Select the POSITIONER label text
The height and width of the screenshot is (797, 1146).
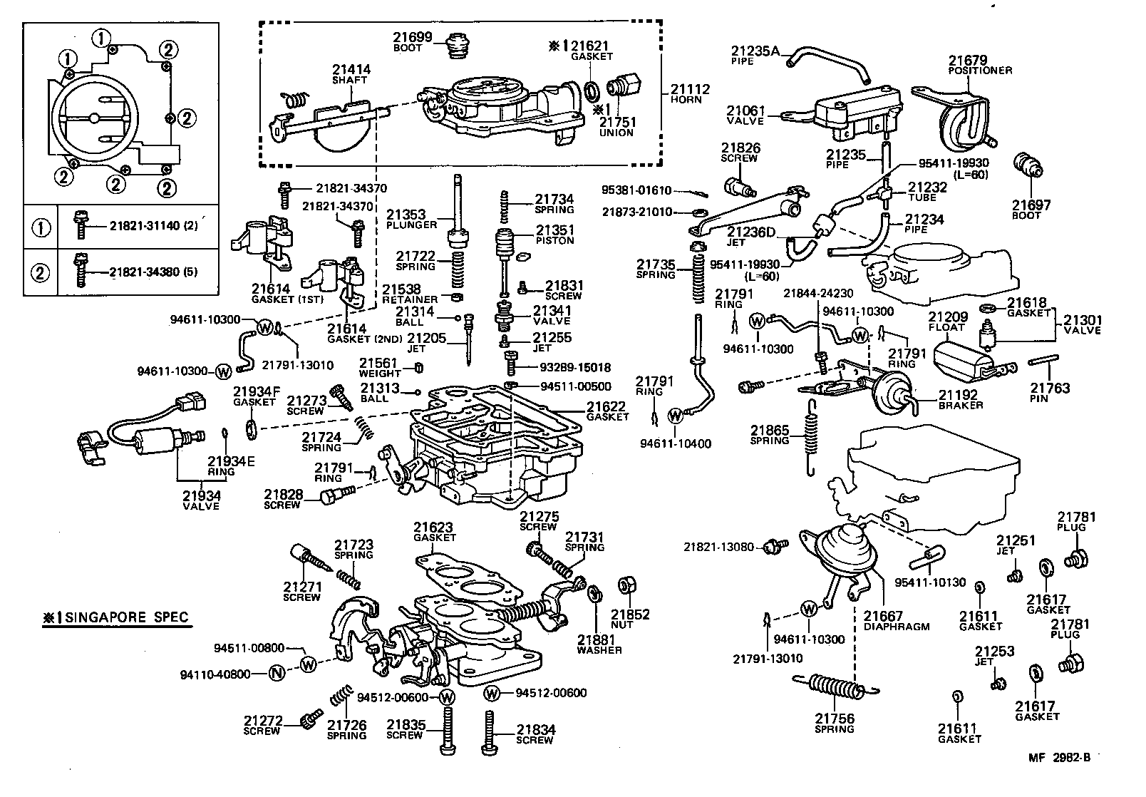tap(980, 71)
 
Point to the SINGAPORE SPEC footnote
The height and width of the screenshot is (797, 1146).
tap(116, 617)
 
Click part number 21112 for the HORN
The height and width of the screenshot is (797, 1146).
tap(690, 89)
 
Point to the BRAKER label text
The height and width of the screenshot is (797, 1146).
tap(961, 405)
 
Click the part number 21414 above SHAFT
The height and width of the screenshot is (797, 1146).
tap(351, 70)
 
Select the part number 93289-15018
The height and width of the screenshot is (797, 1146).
tap(575, 368)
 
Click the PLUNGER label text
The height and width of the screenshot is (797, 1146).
tap(411, 225)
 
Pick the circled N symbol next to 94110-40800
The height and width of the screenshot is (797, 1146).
tap(279, 673)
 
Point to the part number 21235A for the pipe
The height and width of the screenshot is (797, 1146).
tap(755, 51)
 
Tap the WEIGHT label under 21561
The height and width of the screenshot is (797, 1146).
tap(380, 374)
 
